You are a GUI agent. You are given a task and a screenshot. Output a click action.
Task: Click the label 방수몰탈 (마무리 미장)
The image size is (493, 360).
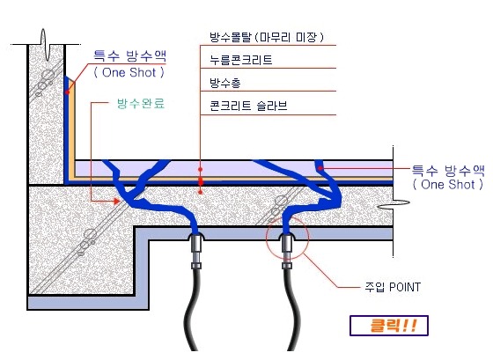coord(267,38)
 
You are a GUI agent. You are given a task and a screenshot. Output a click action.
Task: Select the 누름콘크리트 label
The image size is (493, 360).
coord(241,60)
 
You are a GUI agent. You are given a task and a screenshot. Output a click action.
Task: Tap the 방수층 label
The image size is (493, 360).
coord(225,83)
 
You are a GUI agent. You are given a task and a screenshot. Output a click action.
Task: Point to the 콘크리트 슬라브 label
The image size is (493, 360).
coord(248,106)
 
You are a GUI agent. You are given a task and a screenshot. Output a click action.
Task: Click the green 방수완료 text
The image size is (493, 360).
coord(141,103)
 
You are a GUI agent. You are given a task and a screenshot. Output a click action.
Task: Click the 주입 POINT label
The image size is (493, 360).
coord(393,287)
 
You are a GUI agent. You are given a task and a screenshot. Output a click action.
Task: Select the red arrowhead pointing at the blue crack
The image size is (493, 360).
coord(117,202)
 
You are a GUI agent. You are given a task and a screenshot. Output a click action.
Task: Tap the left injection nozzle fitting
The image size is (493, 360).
coord(196,251)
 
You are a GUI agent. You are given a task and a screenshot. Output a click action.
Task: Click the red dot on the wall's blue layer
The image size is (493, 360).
coord(67,92)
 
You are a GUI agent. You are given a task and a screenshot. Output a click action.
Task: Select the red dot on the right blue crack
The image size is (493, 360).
coord(320,168)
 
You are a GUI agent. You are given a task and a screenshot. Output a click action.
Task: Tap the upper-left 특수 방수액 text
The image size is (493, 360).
coord(130,56)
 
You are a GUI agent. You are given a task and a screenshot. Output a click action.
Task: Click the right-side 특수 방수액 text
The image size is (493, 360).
coord(449,171)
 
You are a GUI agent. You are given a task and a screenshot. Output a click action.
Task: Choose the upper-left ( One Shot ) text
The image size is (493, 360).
coord(129,73)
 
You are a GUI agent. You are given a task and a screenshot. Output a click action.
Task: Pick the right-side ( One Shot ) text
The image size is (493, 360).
coord(448,184)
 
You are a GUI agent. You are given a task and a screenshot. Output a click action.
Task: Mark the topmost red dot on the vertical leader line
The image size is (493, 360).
coord(201,170)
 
